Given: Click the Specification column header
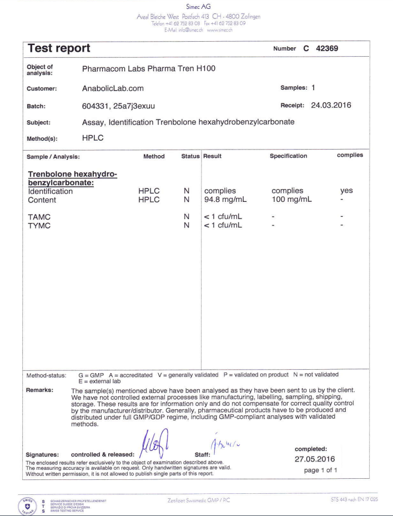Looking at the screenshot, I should pyautogui.click(x=288, y=156).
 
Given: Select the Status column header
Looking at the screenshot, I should pyautogui.click(x=190, y=156).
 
